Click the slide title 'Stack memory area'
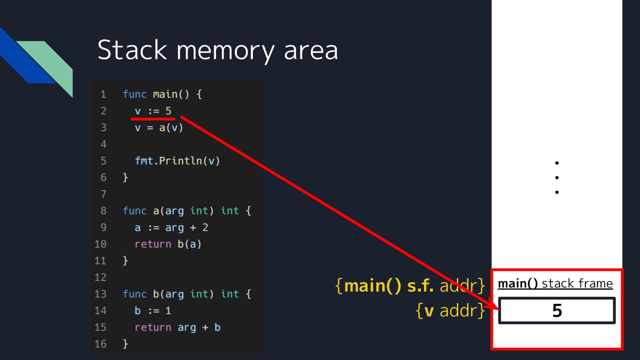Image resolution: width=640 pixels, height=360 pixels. pos(217,50)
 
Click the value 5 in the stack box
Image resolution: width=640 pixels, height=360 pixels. pos(557,311)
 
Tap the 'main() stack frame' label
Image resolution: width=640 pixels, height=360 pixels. pos(555,284)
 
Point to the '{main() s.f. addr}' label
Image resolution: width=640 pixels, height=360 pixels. pos(410,286)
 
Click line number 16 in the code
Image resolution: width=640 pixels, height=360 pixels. pos(101,344)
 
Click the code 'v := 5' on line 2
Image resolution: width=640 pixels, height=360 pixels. pos(153,111)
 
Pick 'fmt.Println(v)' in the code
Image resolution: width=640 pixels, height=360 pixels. pos(177,161)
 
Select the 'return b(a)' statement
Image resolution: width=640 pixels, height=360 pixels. pos(168,244)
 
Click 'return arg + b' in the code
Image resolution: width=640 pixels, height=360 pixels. pos(177,328)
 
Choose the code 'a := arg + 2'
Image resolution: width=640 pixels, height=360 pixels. pos(171,228)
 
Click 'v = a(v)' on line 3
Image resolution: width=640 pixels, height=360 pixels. pos(159,128)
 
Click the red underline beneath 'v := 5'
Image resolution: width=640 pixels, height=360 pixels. pos(153,119)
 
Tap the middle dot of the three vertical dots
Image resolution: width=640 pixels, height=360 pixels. pos(556,178)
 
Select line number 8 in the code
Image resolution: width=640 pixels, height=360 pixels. pos(104,211)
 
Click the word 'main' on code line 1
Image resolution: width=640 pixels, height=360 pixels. pos(165,95)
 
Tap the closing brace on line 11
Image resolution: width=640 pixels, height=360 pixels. pos(125,261)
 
